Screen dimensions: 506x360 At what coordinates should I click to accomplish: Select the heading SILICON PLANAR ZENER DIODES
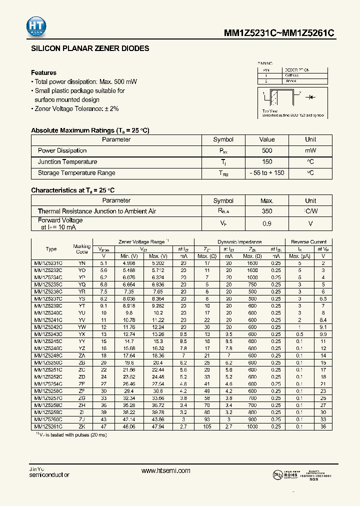90,49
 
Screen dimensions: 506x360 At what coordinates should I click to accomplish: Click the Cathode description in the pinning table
292,75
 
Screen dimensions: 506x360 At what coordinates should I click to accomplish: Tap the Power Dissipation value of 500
267,150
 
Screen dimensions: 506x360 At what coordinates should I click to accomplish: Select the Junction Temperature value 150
267,161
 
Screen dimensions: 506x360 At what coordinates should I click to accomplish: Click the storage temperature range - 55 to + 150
267,173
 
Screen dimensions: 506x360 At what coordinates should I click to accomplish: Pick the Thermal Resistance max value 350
267,211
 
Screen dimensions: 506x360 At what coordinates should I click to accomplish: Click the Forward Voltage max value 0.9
267,223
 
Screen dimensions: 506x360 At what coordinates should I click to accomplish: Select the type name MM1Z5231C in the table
48,263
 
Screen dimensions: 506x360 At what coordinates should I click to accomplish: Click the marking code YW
82,326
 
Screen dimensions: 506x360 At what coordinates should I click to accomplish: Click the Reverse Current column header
308,242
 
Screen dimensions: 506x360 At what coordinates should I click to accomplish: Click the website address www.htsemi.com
166,471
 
